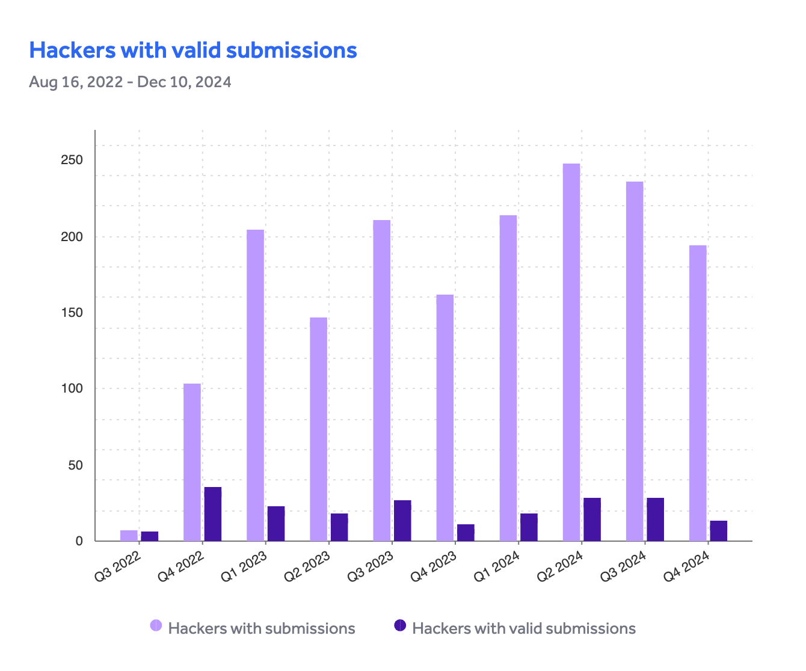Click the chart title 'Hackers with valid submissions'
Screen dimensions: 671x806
193,51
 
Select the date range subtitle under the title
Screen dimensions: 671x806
130,82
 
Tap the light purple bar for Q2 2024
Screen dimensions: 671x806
571,352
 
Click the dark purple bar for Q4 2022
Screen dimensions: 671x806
213,514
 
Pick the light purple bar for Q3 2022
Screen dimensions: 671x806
129,536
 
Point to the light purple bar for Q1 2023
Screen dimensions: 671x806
255,385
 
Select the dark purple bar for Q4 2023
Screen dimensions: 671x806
466,533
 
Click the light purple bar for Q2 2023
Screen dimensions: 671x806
318,429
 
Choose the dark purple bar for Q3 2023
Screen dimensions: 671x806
402,521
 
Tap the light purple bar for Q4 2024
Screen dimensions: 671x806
698,393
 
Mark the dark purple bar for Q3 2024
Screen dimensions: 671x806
655,519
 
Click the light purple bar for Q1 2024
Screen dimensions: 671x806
508,378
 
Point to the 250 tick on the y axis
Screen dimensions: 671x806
72,161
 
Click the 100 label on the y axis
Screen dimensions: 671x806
72,388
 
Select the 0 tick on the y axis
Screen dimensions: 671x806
79,541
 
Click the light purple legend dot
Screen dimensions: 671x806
156,626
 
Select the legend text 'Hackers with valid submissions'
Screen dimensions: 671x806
523,629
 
